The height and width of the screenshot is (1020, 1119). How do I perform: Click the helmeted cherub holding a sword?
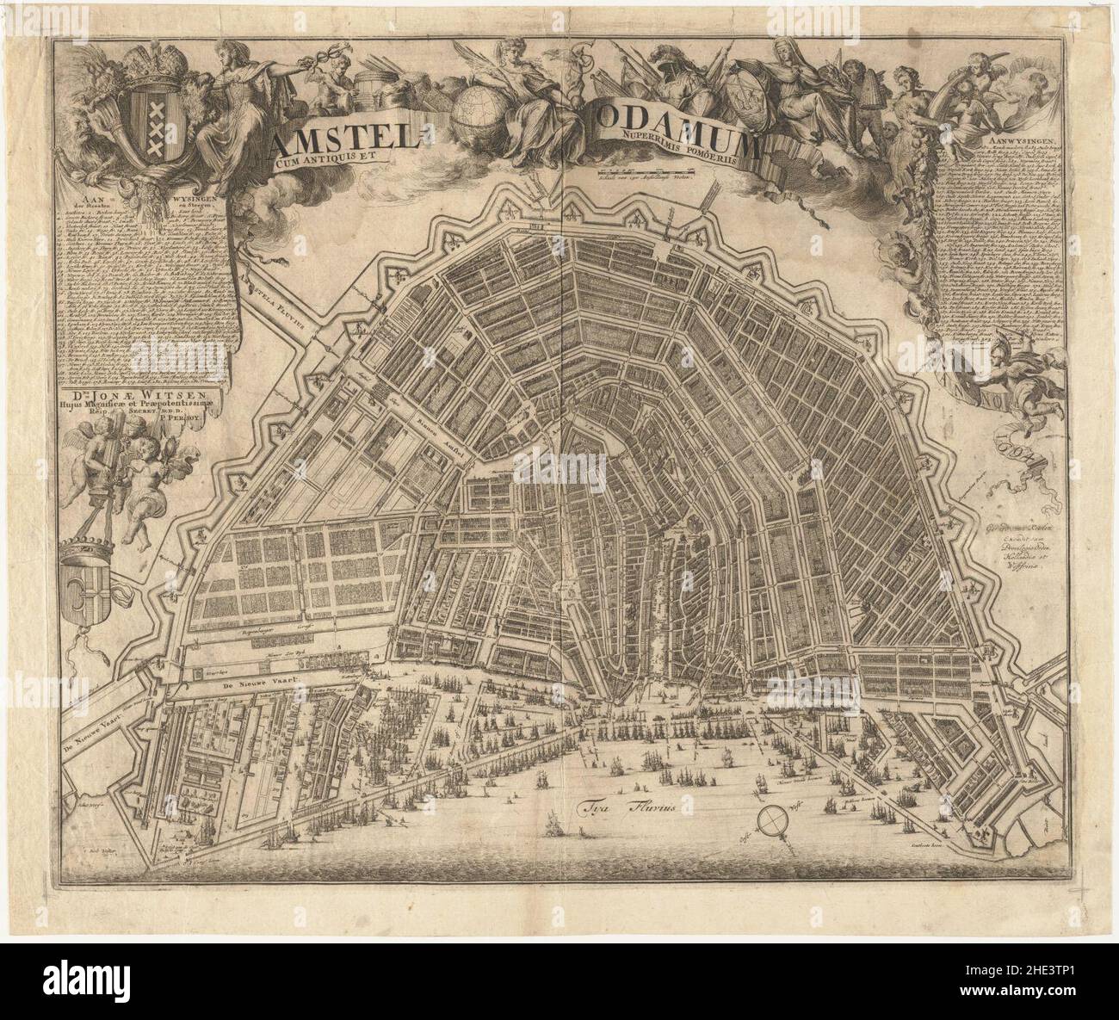click(1020, 379)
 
